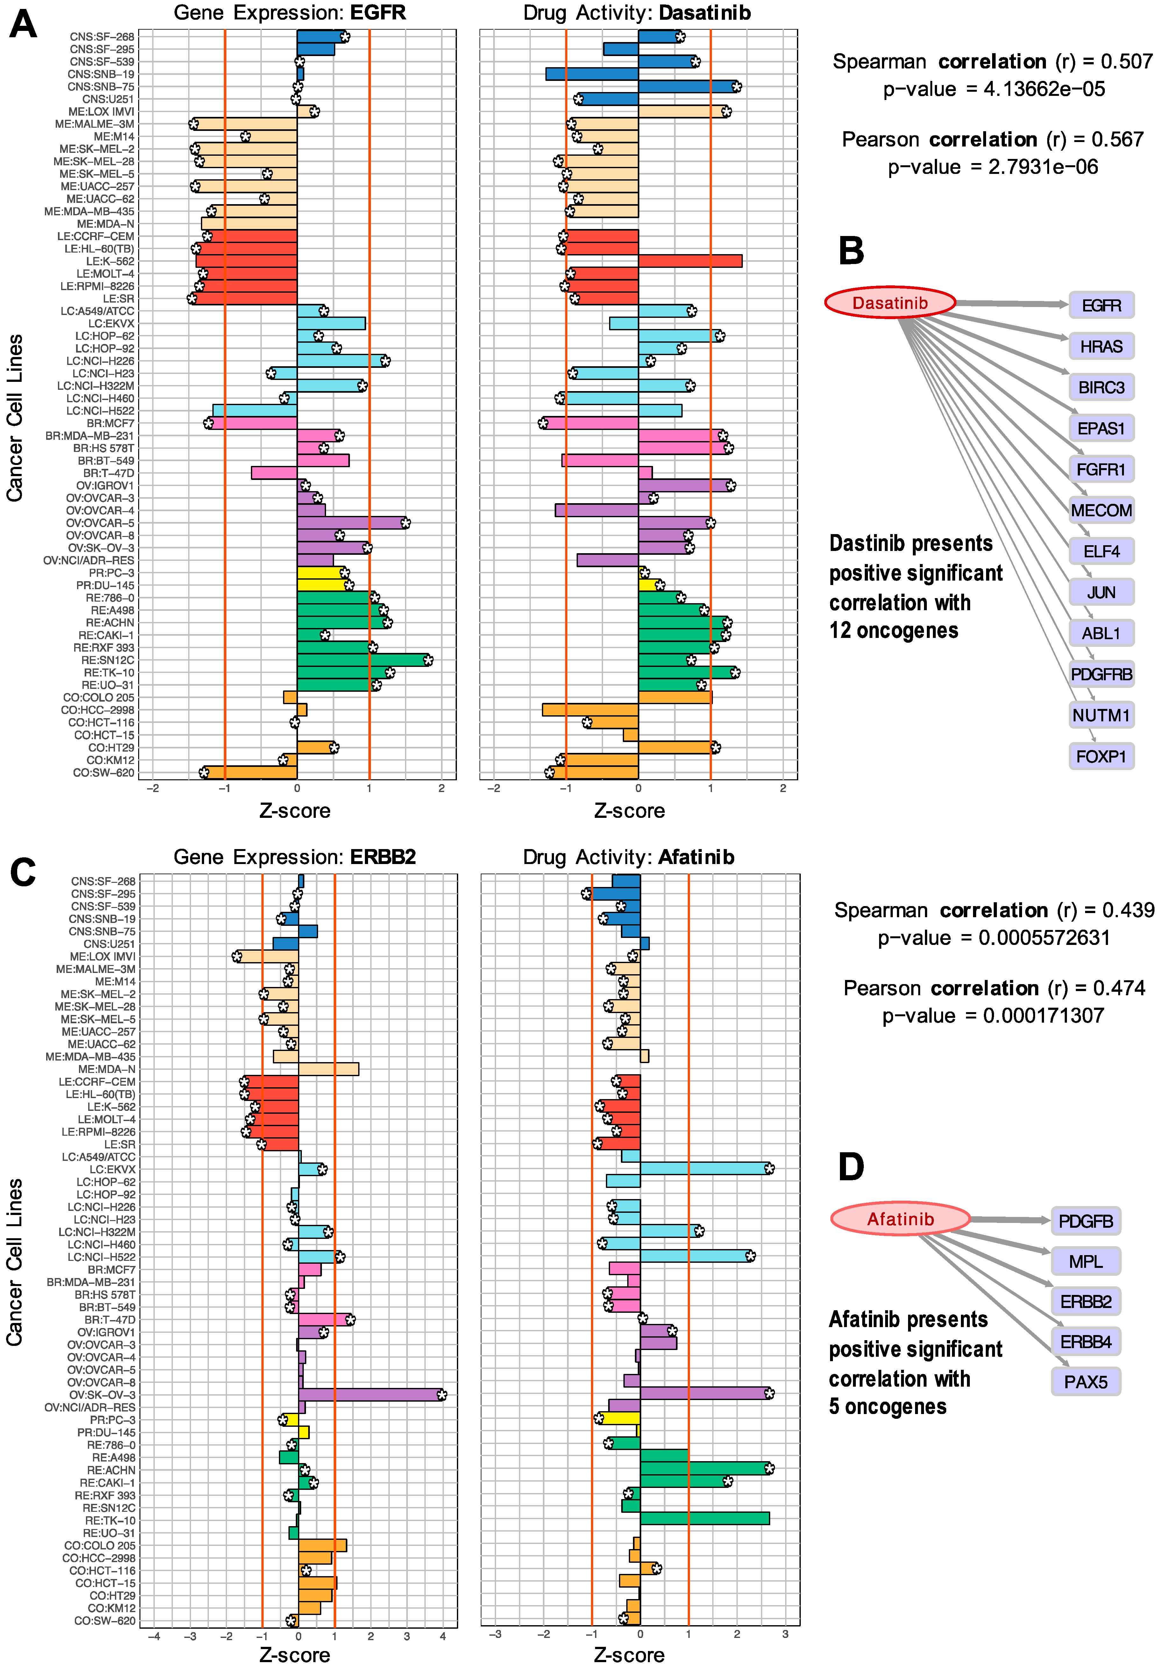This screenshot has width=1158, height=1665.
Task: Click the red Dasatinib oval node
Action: (x=890, y=303)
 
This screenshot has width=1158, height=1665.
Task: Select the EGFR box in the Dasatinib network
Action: (x=1101, y=305)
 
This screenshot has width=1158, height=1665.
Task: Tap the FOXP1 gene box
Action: (x=1101, y=756)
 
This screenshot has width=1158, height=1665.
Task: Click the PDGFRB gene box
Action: (x=1101, y=675)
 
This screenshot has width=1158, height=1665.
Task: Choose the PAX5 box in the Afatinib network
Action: (x=1085, y=1382)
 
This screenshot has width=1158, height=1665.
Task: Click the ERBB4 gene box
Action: (x=1085, y=1342)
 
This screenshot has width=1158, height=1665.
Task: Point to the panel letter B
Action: (x=851, y=251)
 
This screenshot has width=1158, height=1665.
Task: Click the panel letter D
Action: (x=851, y=1168)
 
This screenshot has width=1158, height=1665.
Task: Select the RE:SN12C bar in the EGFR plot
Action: (x=363, y=660)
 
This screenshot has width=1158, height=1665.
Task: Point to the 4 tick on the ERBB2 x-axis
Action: (x=443, y=1636)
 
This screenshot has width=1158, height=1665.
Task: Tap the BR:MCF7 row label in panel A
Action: (x=110, y=424)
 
